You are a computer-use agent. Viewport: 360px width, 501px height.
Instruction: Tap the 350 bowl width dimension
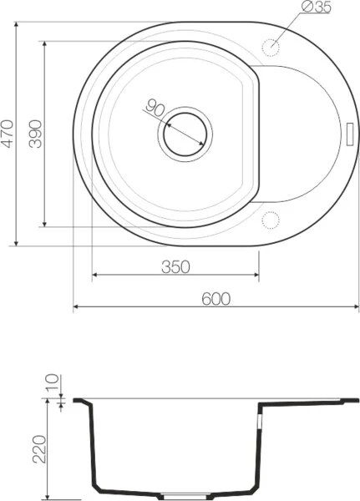[175, 266]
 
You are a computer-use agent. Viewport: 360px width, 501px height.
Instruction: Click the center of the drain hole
[184, 133]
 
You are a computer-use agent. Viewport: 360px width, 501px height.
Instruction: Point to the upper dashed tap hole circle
[271, 46]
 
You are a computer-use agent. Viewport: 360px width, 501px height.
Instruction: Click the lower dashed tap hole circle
[270, 220]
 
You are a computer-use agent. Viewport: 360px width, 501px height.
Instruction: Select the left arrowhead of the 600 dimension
[77, 308]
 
